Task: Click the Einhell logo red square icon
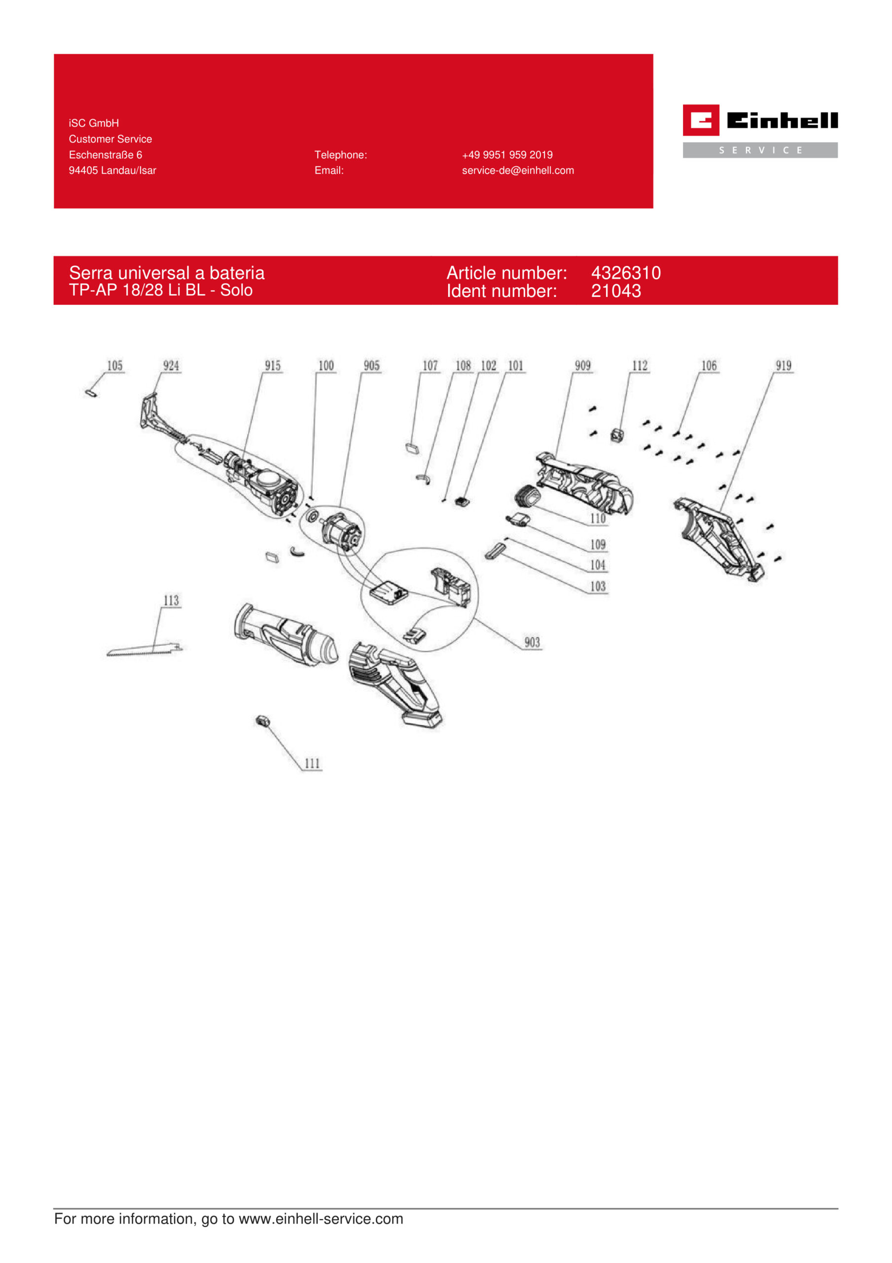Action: tap(701, 120)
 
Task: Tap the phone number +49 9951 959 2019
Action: tap(507, 155)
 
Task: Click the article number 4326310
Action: tap(626, 273)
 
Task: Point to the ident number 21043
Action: tap(616, 291)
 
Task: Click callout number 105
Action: tap(114, 366)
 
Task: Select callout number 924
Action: tap(171, 366)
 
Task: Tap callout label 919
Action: tap(784, 366)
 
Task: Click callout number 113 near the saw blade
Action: tap(171, 601)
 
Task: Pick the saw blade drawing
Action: tap(144, 650)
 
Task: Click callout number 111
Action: tap(312, 764)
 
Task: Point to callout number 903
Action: tap(532, 642)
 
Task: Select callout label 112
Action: tap(640, 366)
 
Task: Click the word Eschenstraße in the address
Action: tap(101, 155)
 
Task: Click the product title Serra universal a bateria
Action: tap(167, 273)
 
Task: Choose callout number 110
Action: tap(598, 519)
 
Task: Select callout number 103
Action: tap(598, 587)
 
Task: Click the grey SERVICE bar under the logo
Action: tap(760, 150)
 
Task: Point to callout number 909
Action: tap(582, 366)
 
